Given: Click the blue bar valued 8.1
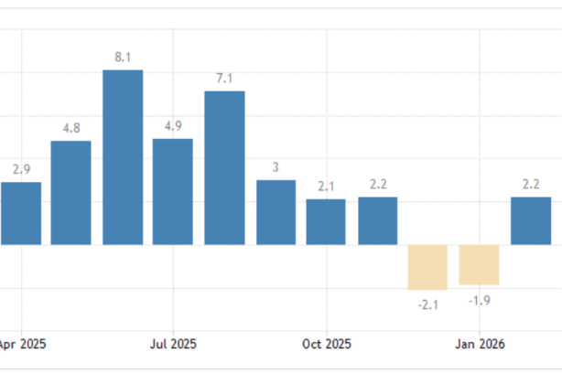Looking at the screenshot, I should coord(123,157).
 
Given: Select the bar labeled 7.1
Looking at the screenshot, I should coord(224,168).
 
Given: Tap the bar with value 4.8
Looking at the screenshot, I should coord(70,193).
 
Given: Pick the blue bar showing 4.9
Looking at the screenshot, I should coord(173,192).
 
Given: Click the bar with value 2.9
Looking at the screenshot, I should coord(21,213).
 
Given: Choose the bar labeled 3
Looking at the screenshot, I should coord(276,212).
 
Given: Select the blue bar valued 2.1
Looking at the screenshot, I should coord(326,222).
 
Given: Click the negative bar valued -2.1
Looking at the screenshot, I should coord(427,267).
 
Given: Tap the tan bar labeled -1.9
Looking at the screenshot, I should coord(479,265).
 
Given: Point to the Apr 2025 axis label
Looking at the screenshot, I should coord(22,345).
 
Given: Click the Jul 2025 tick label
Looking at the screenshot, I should coord(172,345).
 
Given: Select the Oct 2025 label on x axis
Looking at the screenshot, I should coord(327,345).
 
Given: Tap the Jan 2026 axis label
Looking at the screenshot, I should coord(478,345).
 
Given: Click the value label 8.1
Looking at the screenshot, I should coord(123,58).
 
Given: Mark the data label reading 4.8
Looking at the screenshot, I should coord(71,129).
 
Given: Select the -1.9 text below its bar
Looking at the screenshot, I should coord(479,300).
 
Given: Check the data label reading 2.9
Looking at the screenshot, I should coord(22,170).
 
